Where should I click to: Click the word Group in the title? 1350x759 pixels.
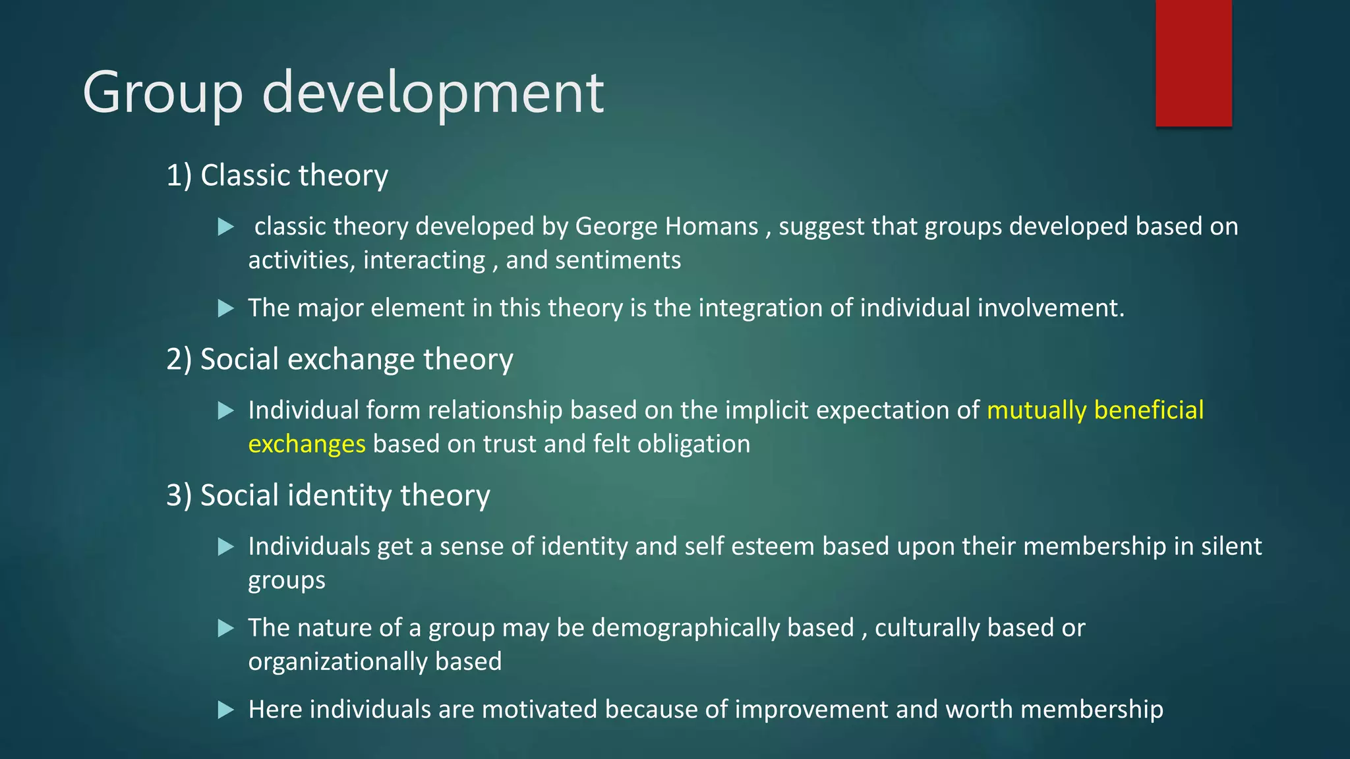(x=163, y=93)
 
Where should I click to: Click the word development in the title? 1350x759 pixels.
(x=432, y=93)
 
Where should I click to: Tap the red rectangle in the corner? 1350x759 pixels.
(x=1193, y=63)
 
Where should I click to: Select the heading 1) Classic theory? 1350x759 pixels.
(x=277, y=175)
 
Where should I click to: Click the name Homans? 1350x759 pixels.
(x=712, y=227)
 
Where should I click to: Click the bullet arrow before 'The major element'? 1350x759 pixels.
(x=226, y=308)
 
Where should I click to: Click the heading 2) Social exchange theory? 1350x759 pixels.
(x=339, y=360)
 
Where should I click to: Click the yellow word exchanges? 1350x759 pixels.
(x=307, y=444)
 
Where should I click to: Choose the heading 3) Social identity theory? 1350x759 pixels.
(x=328, y=495)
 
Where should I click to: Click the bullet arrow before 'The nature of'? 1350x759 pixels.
(x=226, y=628)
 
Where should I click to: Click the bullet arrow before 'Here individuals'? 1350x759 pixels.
(x=226, y=710)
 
